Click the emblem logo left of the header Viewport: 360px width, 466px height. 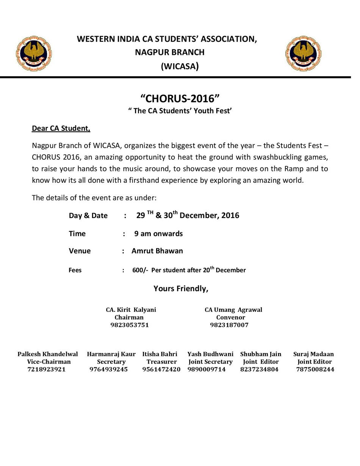click(x=34, y=53)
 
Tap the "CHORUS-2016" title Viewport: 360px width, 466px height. click(x=180, y=99)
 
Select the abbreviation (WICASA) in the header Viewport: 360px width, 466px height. click(x=180, y=66)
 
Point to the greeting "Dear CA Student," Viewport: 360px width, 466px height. click(x=61, y=128)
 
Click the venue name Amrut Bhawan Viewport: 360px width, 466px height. click(x=157, y=251)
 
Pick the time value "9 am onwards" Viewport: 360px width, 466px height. click(x=158, y=234)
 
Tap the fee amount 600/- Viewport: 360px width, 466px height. click(x=140, y=270)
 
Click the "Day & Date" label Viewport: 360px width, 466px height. click(x=88, y=215)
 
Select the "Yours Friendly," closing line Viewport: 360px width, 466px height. click(x=181, y=289)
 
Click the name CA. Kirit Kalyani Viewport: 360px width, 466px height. click(x=131, y=310)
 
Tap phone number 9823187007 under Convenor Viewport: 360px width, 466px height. click(x=229, y=325)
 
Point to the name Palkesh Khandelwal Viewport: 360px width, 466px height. click(x=48, y=354)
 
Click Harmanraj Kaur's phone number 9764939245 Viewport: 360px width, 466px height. click(x=109, y=369)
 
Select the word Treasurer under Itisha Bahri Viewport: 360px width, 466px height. click(x=162, y=362)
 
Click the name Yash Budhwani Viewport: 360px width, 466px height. click(x=210, y=354)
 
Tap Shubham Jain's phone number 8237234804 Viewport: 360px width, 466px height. click(x=259, y=369)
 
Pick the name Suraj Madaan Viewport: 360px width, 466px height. click(x=313, y=354)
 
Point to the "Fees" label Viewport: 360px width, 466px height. click(x=75, y=270)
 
